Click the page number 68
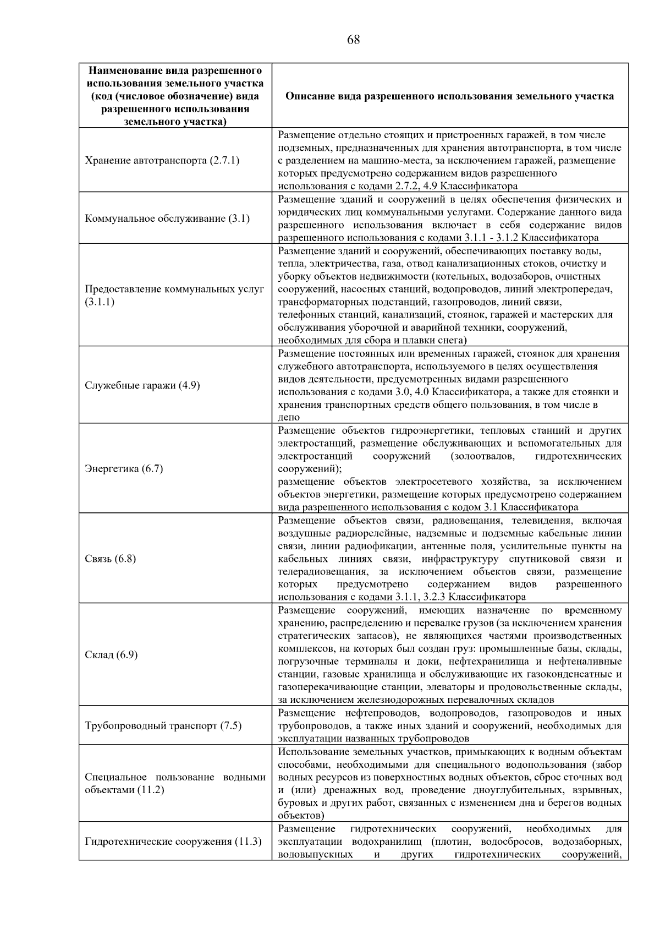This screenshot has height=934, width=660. click(x=354, y=40)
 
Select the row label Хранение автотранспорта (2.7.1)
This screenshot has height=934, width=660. click(x=162, y=161)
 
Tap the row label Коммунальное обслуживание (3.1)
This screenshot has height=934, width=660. click(x=167, y=219)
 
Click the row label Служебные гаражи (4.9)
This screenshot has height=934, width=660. click(x=142, y=385)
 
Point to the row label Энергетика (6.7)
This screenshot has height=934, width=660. click(x=124, y=469)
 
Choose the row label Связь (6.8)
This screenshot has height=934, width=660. click(x=110, y=559)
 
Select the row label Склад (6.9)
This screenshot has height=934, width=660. click(x=111, y=655)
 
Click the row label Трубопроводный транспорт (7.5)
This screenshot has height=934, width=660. click(x=163, y=725)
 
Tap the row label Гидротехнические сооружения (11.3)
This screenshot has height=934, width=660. click(x=173, y=842)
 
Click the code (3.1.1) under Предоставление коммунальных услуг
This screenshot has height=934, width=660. click(x=100, y=302)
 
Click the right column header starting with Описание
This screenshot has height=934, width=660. click(x=449, y=96)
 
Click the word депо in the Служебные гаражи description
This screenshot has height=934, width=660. click(x=289, y=418)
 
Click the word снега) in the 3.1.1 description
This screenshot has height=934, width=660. click(x=452, y=341)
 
